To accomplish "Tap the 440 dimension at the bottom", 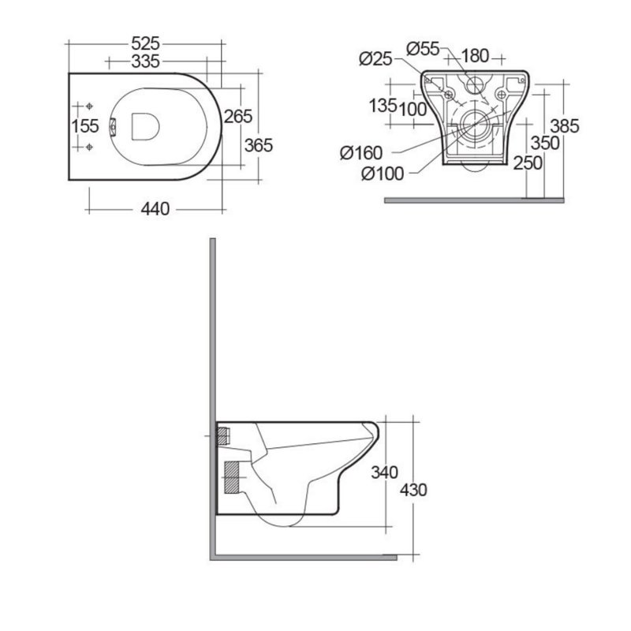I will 155,209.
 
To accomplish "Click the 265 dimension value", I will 237,117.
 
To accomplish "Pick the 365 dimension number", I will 257,145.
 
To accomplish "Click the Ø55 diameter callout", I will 423,48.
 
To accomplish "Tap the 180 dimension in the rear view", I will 476,55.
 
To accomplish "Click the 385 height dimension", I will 565,125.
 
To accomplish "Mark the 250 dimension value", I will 527,162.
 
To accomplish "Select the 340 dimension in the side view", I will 385,472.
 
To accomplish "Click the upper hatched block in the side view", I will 222,433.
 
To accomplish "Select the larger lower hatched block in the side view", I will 230,476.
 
